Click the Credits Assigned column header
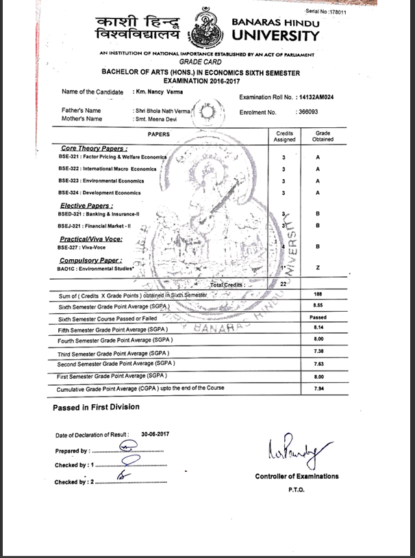click(284, 136)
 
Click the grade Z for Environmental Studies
click(318, 267)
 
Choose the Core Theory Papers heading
click(94, 148)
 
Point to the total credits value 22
click(284, 283)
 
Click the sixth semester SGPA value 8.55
click(318, 306)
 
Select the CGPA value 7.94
click(318, 388)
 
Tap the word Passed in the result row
click(318, 318)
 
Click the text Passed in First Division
click(96, 408)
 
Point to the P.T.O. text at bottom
click(297, 490)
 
